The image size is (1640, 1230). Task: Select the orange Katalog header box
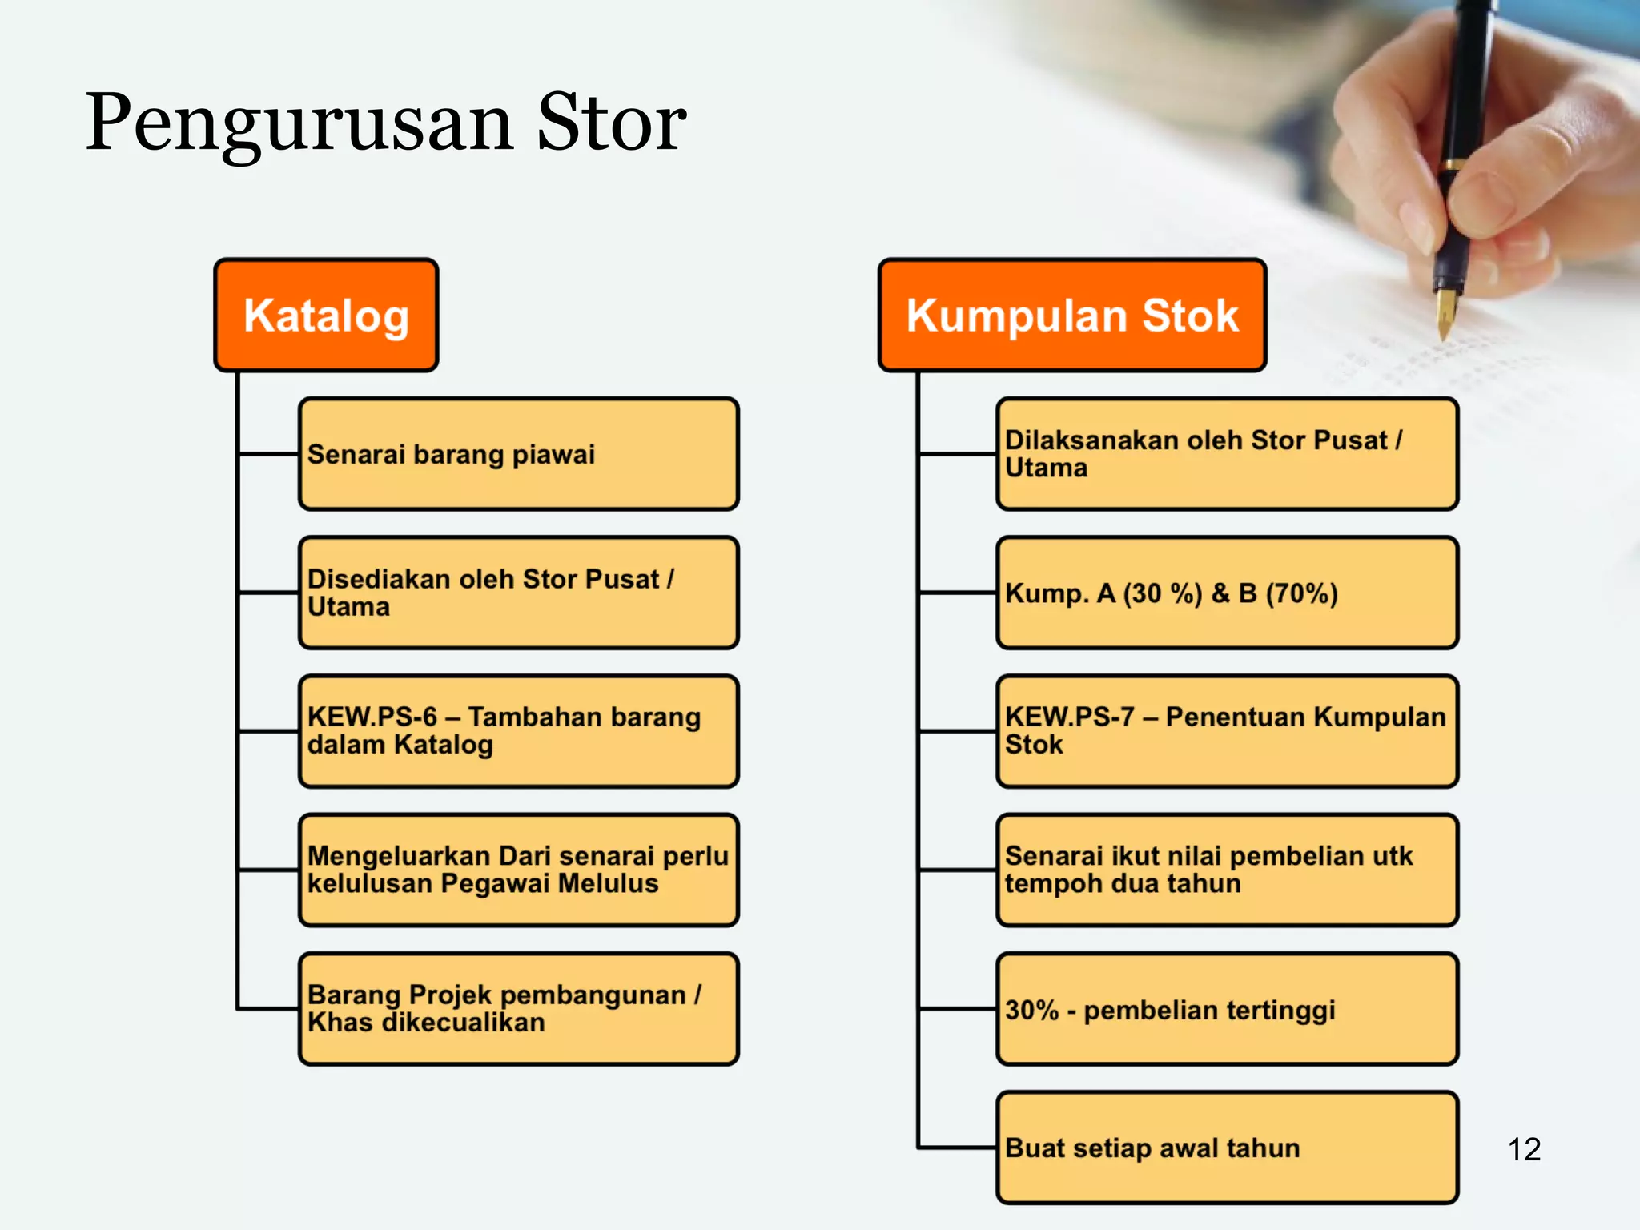[326, 315]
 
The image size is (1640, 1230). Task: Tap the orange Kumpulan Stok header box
[1071, 315]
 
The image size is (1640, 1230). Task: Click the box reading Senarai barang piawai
[518, 454]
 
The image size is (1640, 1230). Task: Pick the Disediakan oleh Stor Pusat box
[518, 593]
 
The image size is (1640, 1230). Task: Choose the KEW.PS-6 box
[518, 731]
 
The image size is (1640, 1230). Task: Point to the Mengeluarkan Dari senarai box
[518, 870]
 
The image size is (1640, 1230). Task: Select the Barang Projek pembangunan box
[518, 1008]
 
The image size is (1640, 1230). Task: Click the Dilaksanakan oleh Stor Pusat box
[1227, 454]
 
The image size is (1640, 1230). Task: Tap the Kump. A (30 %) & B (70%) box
[1227, 593]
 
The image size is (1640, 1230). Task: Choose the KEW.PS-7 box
[1227, 731]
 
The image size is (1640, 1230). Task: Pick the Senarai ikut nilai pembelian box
[1227, 870]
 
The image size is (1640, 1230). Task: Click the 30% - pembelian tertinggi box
[1227, 1008]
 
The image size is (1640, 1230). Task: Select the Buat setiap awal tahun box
[1227, 1147]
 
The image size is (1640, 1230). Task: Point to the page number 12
[1524, 1149]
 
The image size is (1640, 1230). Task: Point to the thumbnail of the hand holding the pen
[1481, 144]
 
